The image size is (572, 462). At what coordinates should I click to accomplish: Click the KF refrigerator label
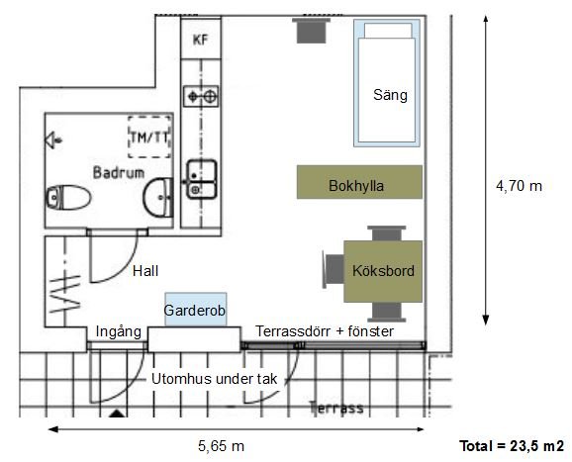click(x=200, y=40)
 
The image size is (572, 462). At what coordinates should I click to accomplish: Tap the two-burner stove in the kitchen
click(x=201, y=96)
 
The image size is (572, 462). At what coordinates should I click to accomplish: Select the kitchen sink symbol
click(x=201, y=179)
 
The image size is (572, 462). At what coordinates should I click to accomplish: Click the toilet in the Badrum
click(x=68, y=198)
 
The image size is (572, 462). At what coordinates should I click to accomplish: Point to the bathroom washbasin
click(x=158, y=197)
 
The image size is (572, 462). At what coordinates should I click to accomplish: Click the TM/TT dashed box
click(x=149, y=137)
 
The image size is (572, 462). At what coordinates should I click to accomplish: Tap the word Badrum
click(x=119, y=172)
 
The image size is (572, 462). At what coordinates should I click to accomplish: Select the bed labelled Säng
click(x=387, y=83)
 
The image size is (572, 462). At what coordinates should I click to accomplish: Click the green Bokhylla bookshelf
click(x=359, y=182)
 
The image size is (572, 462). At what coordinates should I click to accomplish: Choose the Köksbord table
click(x=383, y=271)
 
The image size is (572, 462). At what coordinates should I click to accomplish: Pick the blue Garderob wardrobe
click(x=196, y=310)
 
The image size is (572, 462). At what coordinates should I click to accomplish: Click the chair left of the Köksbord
click(x=334, y=269)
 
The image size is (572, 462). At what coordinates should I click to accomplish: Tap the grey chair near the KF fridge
click(x=311, y=31)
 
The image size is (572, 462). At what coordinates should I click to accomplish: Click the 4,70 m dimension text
click(x=519, y=186)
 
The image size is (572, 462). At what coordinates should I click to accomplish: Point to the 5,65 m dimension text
click(x=221, y=445)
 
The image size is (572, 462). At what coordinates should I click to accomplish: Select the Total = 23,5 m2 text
click(x=512, y=445)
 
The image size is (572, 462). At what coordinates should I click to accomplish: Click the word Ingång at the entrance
click(x=119, y=332)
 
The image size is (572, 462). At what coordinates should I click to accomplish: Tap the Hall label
click(x=145, y=271)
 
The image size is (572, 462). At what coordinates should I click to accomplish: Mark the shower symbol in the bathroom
click(x=53, y=139)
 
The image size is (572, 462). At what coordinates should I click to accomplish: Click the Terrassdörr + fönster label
click(x=325, y=331)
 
